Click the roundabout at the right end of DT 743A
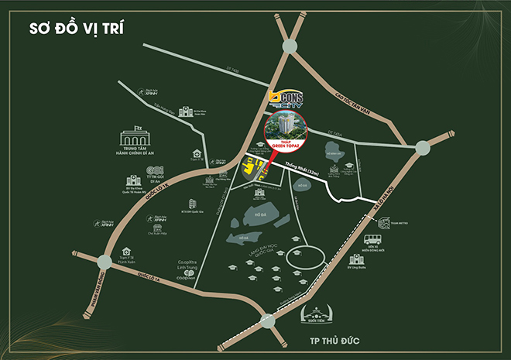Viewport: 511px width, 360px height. tap(424, 147)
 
